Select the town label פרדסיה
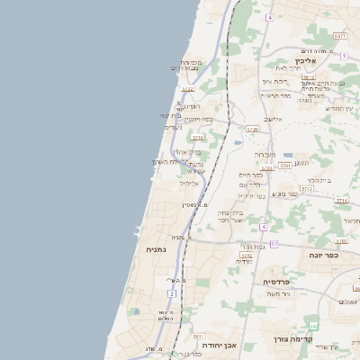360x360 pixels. [275, 282]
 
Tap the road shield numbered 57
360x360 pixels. [274, 244]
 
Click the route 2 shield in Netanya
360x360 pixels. [171, 293]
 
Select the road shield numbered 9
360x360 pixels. [344, 56]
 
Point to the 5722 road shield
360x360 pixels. [187, 89]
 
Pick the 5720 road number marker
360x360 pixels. [253, 129]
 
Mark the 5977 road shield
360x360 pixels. [339, 35]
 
